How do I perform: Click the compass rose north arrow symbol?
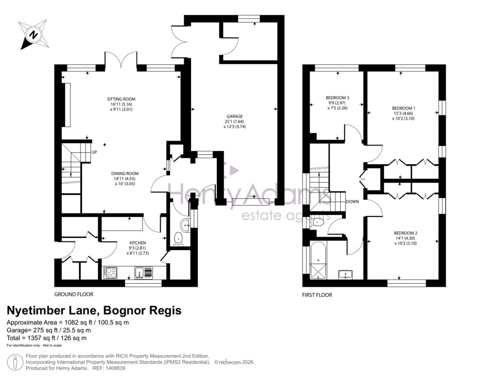(x=33, y=35)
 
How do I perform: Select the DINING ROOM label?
(x=125, y=173)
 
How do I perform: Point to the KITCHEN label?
(x=138, y=243)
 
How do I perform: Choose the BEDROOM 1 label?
(x=404, y=108)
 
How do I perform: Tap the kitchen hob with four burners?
(x=110, y=273)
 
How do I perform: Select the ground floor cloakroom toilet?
(x=178, y=239)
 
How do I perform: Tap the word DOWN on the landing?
(x=353, y=201)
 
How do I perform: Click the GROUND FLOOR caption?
(x=74, y=295)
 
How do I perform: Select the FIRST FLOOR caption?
(x=317, y=295)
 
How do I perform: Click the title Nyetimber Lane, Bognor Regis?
(x=93, y=310)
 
